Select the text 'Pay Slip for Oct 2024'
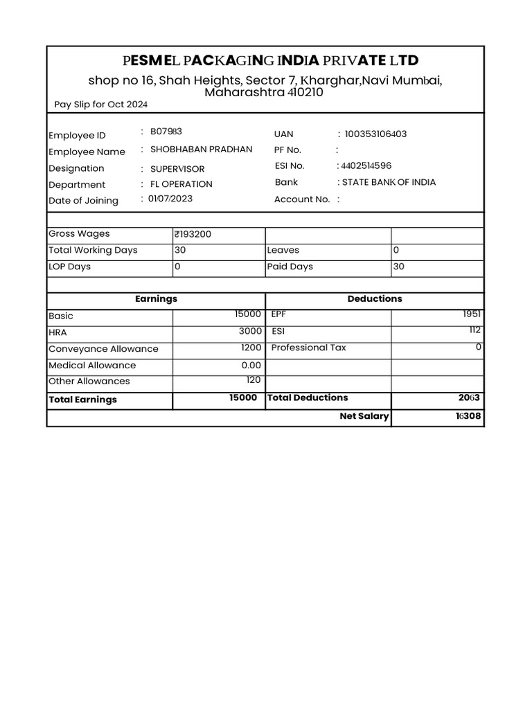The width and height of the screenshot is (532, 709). [x=101, y=105]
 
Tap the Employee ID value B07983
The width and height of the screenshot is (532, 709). [x=166, y=132]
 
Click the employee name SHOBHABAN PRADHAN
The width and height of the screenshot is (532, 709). [x=201, y=149]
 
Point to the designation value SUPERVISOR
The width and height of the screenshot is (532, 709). [x=177, y=169]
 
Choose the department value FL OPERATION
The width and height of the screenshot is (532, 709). [x=181, y=184]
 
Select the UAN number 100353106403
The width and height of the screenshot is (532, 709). [x=375, y=134]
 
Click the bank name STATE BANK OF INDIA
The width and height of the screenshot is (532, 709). [x=389, y=182]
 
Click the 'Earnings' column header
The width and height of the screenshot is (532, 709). [x=156, y=298]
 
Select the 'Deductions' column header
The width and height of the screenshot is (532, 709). [x=374, y=298]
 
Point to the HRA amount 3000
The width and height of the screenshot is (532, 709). [x=250, y=331]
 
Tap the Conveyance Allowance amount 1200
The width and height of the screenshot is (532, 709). [x=251, y=348]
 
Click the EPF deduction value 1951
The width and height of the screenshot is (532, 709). [x=472, y=314]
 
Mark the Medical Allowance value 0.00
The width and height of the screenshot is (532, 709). [x=251, y=365]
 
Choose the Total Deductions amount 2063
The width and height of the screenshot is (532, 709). [x=468, y=398]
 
